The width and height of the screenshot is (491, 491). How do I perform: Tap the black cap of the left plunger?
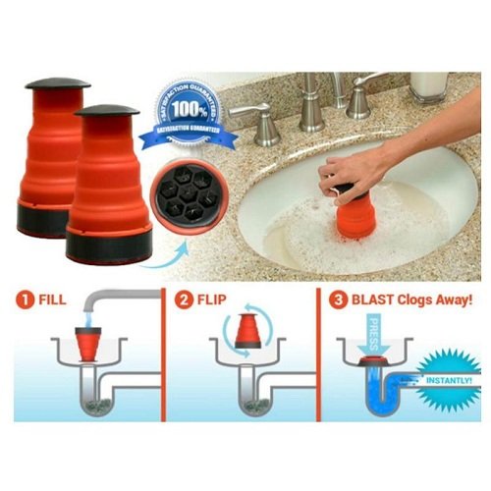click(57, 84)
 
